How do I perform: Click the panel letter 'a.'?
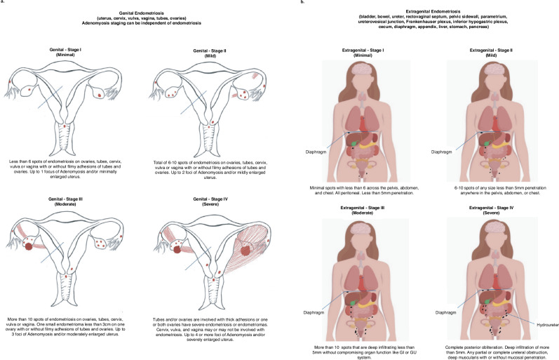(4, 4)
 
